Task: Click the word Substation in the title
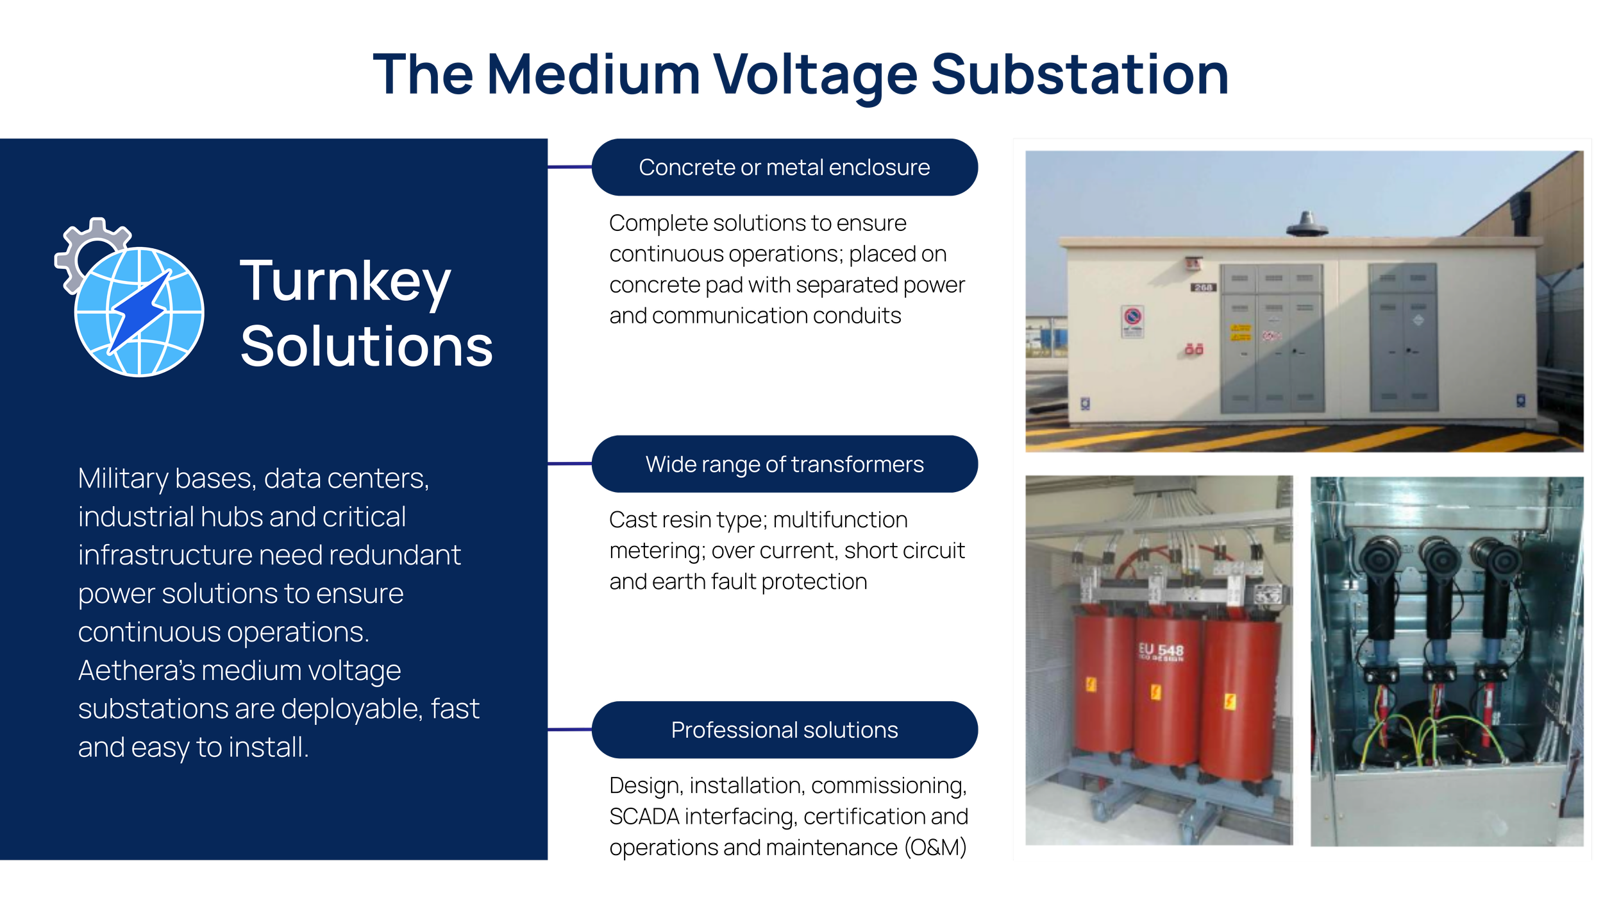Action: (1079, 76)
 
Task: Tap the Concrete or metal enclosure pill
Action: (784, 167)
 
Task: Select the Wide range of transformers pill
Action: (784, 464)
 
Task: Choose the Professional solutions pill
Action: (784, 730)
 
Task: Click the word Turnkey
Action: (345, 282)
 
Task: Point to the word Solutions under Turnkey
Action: (366, 347)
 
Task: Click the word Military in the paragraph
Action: (122, 479)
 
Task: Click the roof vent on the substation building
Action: (1306, 225)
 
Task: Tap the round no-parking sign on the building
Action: (1132, 317)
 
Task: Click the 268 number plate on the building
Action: (1203, 287)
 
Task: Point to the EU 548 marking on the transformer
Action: (1161, 651)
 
